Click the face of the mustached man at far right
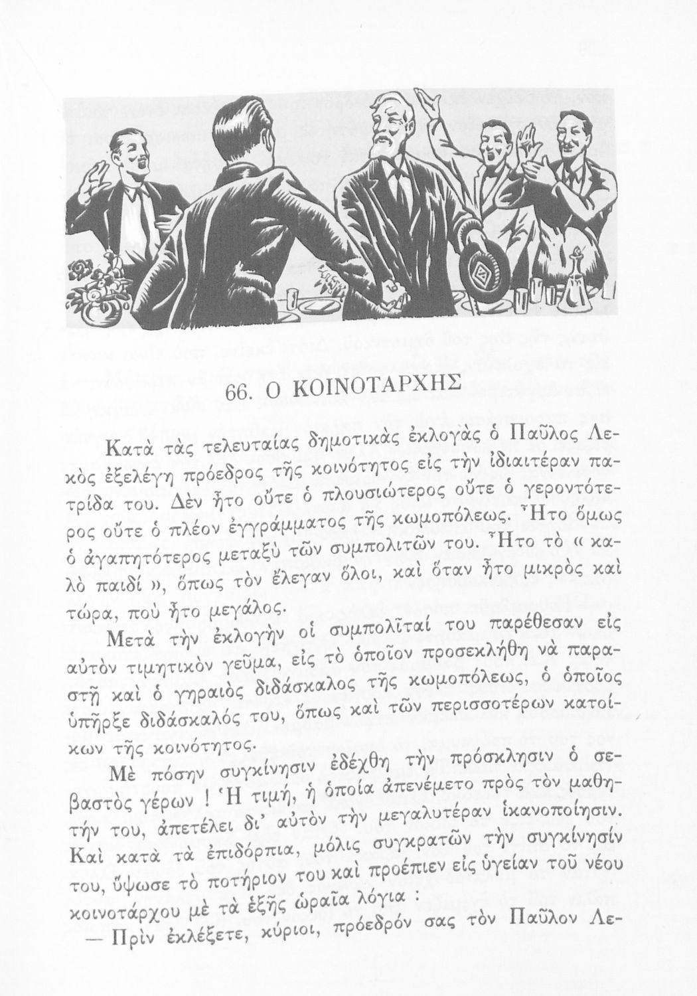tap(572, 135)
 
